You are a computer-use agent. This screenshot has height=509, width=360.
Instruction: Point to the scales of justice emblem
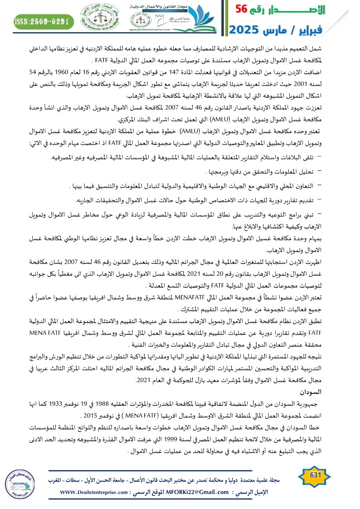coord(100,21)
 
